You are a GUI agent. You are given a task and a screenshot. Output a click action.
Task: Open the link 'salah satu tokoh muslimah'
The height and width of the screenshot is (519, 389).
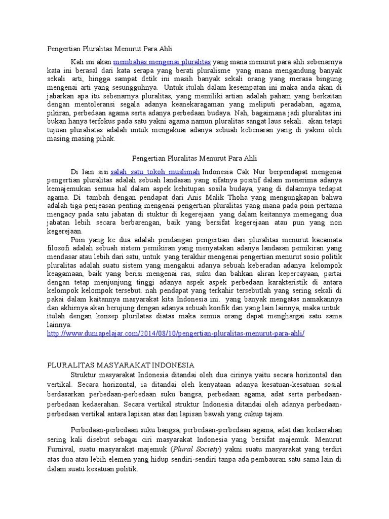click(x=155, y=172)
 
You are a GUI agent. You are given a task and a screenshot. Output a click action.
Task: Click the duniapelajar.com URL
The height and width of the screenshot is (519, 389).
click(x=176, y=333)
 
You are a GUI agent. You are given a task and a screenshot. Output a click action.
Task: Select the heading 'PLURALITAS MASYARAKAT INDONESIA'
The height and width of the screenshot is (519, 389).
click(x=121, y=365)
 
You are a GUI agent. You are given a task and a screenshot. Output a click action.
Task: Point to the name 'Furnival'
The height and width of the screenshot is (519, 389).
click(x=60, y=448)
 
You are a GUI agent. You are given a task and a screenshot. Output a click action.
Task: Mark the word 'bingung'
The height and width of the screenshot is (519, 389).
click(x=329, y=79)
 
